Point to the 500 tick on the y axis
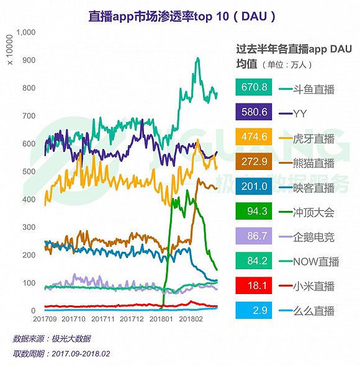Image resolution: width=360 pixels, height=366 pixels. pyautogui.click(x=28, y=171)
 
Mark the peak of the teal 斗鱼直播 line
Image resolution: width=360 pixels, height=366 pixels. pyautogui.click(x=197, y=59)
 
